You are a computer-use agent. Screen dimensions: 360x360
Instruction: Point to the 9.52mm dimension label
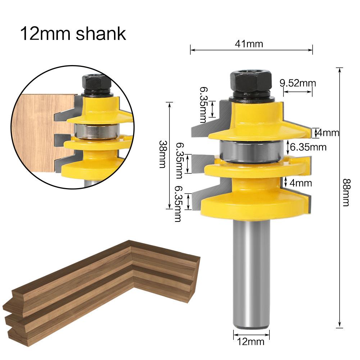coord(298,83)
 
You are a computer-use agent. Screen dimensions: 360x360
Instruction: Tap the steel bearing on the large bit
coord(250,151)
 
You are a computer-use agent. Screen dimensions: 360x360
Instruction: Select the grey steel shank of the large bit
coord(251,273)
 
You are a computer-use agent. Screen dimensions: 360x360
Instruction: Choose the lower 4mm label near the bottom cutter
coord(300,183)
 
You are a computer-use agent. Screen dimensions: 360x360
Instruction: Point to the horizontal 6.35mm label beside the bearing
coord(308,147)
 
